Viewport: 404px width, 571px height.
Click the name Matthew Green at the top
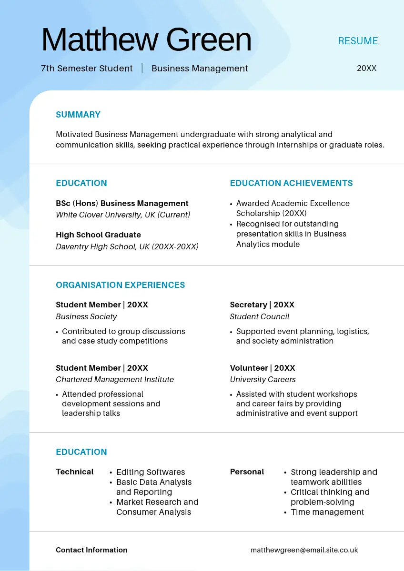pyautogui.click(x=146, y=40)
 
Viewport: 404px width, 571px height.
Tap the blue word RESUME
pyautogui.click(x=358, y=41)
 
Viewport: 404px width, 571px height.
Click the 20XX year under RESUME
pyautogui.click(x=366, y=68)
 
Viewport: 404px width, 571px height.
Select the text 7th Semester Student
pyautogui.click(x=87, y=69)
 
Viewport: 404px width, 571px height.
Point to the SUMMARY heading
pyautogui.click(x=78, y=115)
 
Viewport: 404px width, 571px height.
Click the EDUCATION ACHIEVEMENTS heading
pyautogui.click(x=291, y=183)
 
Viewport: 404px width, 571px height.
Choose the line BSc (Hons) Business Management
pyautogui.click(x=122, y=204)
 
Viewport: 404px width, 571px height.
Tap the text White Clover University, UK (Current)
pyautogui.click(x=123, y=215)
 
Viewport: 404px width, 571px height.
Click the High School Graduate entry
pyautogui.click(x=98, y=235)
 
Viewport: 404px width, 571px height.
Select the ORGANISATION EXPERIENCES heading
pyautogui.click(x=120, y=285)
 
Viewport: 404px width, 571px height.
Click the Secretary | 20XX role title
pyautogui.click(x=262, y=305)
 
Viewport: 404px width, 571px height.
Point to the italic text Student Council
pyautogui.click(x=259, y=316)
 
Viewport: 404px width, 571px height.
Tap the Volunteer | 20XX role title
pyautogui.click(x=263, y=368)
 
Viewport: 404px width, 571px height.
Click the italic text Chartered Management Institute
pyautogui.click(x=115, y=379)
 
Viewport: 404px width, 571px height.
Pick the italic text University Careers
pyautogui.click(x=263, y=379)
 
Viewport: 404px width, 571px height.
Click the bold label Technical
pyautogui.click(x=74, y=472)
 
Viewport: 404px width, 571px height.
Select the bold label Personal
pyautogui.click(x=247, y=472)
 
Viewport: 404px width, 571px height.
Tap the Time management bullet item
pyautogui.click(x=327, y=512)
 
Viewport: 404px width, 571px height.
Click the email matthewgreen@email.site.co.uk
pyautogui.click(x=304, y=550)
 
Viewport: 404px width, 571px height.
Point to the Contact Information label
pyautogui.click(x=91, y=550)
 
